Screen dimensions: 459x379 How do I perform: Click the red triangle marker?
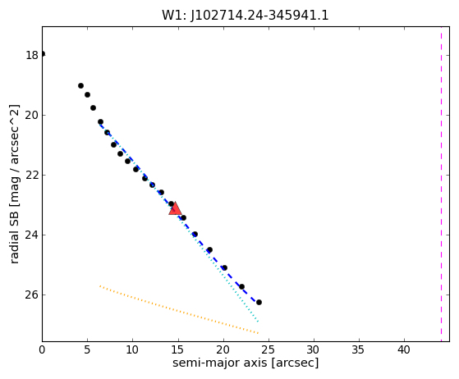pyautogui.click(x=176, y=208)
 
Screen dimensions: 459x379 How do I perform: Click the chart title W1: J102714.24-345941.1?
pyautogui.click(x=246, y=16)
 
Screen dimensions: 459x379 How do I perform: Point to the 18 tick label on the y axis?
pyautogui.click(x=32, y=55)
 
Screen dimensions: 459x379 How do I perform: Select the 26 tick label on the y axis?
pyautogui.click(x=32, y=295)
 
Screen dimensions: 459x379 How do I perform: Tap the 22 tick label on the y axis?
pyautogui.click(x=32, y=176)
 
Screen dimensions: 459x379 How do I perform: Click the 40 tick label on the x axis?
pyautogui.click(x=404, y=349)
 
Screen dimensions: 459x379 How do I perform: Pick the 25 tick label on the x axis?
pyautogui.click(x=269, y=349)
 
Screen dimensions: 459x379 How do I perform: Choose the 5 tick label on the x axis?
pyautogui.click(x=87, y=349)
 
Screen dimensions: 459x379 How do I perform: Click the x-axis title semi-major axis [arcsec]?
pyautogui.click(x=246, y=363)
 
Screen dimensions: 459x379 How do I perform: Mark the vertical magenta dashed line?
pyautogui.click(x=441, y=184)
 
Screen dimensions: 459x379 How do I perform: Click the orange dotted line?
pyautogui.click(x=179, y=309)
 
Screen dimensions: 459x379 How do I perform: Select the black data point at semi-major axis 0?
pyautogui.click(x=43, y=54)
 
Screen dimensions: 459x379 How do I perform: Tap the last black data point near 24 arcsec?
pyautogui.click(x=259, y=302)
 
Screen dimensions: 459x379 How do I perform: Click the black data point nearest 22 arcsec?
pyautogui.click(x=241, y=286)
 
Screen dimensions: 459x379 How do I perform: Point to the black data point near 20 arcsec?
pyautogui.click(x=224, y=267)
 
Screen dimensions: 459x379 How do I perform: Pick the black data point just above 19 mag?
pyautogui.click(x=80, y=85)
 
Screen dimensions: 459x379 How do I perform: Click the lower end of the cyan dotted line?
pyautogui.click(x=258, y=322)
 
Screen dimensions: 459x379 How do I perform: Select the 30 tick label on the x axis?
pyautogui.click(x=314, y=349)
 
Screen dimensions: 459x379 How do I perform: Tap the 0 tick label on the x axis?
pyautogui.click(x=42, y=349)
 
